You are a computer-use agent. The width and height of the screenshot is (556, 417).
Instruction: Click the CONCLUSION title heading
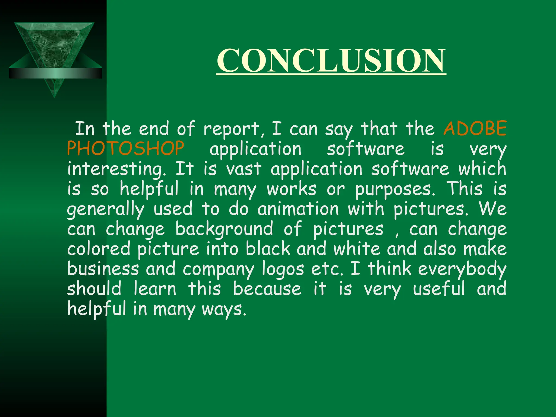(x=331, y=61)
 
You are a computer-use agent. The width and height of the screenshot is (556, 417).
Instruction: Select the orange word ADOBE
(x=475, y=128)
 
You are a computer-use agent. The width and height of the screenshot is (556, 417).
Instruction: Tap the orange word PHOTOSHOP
(x=125, y=149)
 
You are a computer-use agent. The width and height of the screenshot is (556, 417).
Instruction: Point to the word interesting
(x=117, y=169)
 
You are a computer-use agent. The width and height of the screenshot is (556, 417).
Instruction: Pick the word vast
(x=244, y=169)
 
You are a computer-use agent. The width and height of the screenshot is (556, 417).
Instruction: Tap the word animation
(x=298, y=209)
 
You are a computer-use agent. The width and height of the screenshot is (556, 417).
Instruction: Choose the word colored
(x=99, y=249)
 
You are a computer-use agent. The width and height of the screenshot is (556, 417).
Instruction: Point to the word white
(x=357, y=249)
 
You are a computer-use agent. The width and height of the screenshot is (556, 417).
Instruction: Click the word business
(x=103, y=269)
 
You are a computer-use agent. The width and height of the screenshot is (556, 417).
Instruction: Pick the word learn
(x=155, y=289)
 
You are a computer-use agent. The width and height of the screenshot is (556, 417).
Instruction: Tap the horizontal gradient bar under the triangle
(x=55, y=73)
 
